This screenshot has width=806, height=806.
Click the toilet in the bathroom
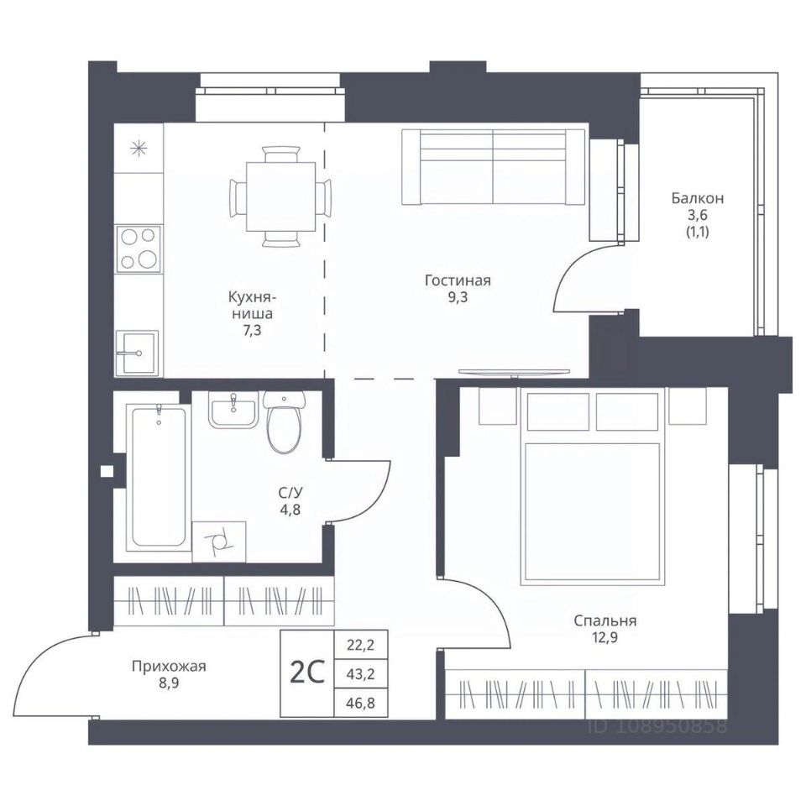coord(285,421)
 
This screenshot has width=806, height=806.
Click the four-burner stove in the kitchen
coord(139,249)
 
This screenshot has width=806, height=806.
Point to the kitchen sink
coord(137,353)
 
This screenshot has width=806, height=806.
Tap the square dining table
coord(280,196)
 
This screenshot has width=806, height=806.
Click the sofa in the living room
coord(494,166)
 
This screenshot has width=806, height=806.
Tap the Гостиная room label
coord(458,280)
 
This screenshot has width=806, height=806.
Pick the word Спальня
coord(605,621)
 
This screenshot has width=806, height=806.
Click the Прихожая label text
coord(169,667)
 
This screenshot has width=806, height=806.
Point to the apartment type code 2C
coord(307,673)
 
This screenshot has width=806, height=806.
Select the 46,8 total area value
coord(360,703)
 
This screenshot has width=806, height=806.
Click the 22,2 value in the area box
coord(360,645)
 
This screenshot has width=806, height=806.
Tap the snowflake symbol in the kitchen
coord(139,149)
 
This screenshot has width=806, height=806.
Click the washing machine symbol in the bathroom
coord(219,542)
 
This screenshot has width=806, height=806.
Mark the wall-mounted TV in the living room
coord(514,373)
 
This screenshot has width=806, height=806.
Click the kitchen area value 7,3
coord(251,331)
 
